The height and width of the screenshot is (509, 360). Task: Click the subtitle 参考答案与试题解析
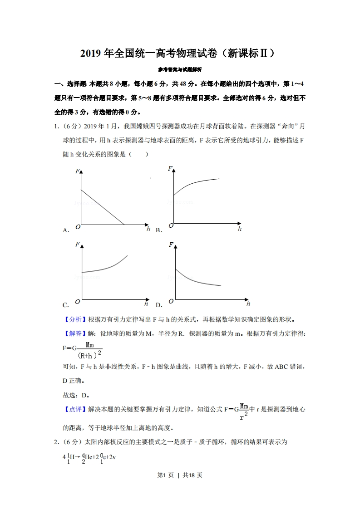point(180,70)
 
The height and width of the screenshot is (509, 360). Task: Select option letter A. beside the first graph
point(66,230)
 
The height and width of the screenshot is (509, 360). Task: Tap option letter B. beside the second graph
point(158,230)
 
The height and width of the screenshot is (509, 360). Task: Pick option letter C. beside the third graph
point(66,305)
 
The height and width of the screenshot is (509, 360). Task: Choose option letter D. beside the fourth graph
point(158,305)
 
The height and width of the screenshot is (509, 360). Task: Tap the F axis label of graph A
point(77,171)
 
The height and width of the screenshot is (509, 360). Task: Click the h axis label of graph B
point(240,229)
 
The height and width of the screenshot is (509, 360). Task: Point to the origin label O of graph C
point(78,301)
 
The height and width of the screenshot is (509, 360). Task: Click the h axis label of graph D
point(248,303)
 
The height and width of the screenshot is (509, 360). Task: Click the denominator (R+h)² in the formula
point(89,355)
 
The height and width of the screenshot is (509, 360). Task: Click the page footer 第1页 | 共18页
point(179,475)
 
